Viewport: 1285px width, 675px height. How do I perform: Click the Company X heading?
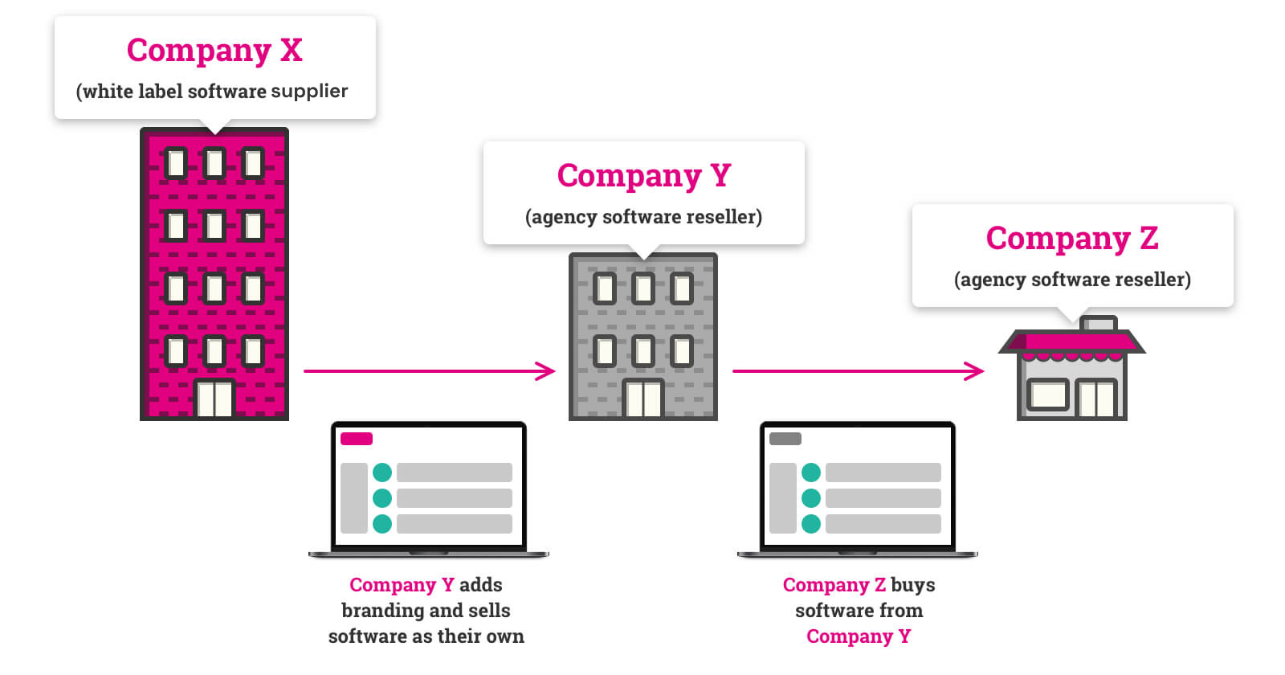[214, 51]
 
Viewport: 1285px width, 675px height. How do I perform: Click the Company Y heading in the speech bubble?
[643, 176]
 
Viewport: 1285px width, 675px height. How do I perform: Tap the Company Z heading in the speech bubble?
[1072, 239]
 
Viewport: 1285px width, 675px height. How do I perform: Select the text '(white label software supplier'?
[212, 92]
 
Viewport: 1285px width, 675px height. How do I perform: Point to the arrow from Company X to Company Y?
[429, 370]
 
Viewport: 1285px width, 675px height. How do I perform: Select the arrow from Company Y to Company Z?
[859, 370]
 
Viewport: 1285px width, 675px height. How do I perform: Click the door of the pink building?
[214, 398]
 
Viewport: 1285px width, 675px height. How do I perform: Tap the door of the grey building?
[643, 398]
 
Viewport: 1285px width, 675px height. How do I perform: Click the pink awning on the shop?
[1071, 343]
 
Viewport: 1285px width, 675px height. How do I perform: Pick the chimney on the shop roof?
[1098, 323]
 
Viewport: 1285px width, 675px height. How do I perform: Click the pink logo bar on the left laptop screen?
[357, 439]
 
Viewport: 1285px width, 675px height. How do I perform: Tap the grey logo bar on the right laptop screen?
[785, 439]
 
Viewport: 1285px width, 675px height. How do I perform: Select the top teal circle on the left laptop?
[382, 472]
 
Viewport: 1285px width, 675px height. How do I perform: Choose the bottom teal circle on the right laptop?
[811, 523]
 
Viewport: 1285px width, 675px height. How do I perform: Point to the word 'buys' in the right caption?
[912, 586]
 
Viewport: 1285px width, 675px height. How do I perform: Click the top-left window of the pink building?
[176, 164]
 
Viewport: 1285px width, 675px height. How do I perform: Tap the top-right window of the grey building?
[682, 288]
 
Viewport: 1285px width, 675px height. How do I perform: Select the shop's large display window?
[1048, 395]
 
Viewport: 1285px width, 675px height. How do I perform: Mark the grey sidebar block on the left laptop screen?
[354, 498]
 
